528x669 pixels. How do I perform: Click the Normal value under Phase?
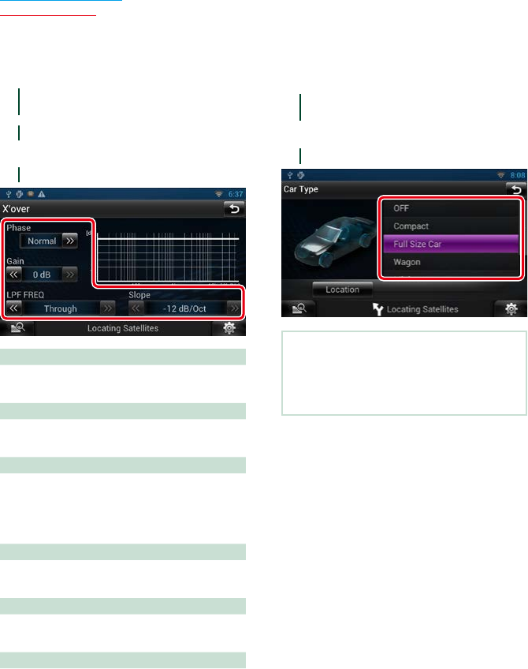click(42, 241)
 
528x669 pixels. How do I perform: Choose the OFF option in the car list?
click(451, 208)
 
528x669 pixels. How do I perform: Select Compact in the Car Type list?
click(451, 226)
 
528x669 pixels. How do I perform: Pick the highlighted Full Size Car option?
click(451, 245)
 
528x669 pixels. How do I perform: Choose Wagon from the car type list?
click(451, 262)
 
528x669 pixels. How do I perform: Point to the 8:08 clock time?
click(517, 175)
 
